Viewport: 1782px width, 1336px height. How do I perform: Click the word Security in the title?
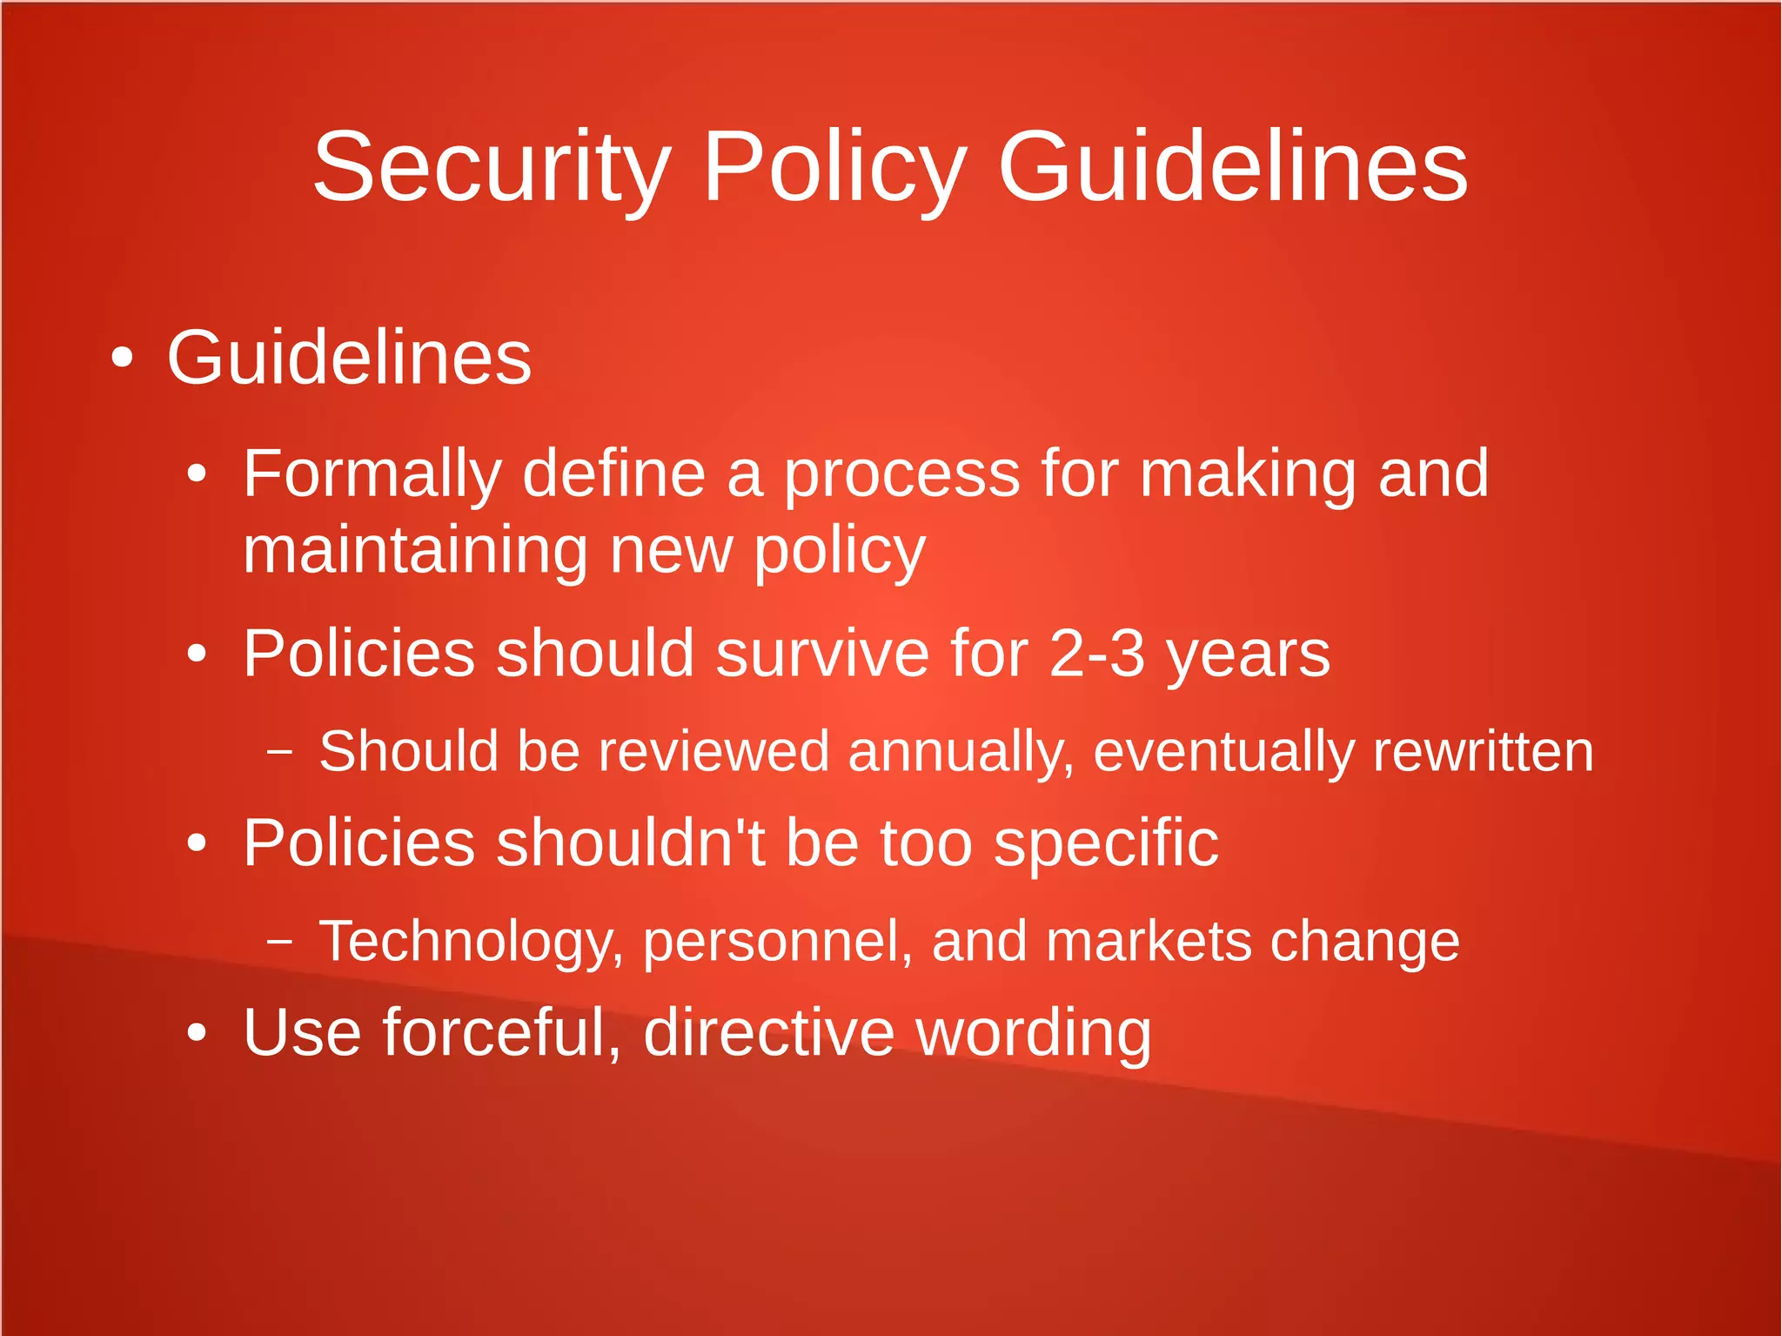tap(492, 167)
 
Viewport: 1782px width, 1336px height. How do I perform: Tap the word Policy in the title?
tap(834, 167)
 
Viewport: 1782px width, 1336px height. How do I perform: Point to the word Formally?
tap(372, 474)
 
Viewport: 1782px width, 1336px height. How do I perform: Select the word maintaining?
tap(415, 551)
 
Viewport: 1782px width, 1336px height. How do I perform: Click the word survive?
tap(822, 653)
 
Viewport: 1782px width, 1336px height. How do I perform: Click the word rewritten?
tap(1483, 751)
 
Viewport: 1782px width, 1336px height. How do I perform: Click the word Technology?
tap(471, 943)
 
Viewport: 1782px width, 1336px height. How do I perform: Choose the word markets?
tap(1148, 941)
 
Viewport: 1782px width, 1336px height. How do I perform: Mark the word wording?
tap(1034, 1034)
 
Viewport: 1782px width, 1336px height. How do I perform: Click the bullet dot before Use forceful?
tap(198, 1033)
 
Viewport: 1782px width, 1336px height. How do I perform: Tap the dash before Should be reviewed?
tap(279, 751)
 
